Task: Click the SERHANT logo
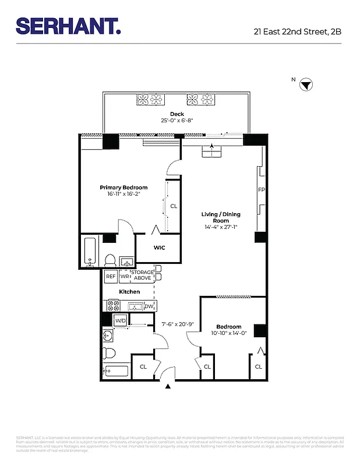pos(68,26)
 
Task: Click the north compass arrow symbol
pos(306,86)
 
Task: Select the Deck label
pos(177,114)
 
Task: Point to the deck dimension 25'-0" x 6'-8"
pos(177,121)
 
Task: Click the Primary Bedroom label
pos(123,188)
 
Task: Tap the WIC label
pos(159,248)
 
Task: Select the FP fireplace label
pos(261,190)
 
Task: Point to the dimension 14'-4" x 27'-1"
pos(221,227)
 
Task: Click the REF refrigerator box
pos(111,276)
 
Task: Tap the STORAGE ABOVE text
pos(143,275)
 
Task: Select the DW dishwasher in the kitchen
pos(149,306)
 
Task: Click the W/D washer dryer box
pos(121,320)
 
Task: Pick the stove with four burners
pos(113,305)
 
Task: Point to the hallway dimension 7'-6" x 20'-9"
pos(178,324)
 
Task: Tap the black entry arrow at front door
pos(169,386)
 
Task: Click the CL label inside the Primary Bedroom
pos(174,206)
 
